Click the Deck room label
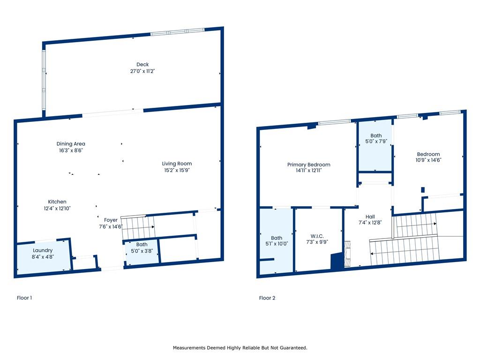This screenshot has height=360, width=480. pyautogui.click(x=142, y=65)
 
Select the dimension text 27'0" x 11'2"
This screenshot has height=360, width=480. pyautogui.click(x=142, y=71)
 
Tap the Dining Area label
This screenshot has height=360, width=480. pyautogui.click(x=71, y=143)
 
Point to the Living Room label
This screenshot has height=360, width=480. pyautogui.click(x=177, y=164)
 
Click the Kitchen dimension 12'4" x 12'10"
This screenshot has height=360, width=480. pyautogui.click(x=57, y=208)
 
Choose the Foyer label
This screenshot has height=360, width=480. pyautogui.click(x=111, y=220)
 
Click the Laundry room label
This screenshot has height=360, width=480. pyautogui.click(x=43, y=250)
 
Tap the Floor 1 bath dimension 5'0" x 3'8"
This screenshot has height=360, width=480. pyautogui.click(x=142, y=251)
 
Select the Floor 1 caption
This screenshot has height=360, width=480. pyautogui.click(x=24, y=298)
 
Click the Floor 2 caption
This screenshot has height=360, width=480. pyautogui.click(x=267, y=298)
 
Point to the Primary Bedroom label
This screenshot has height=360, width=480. pyautogui.click(x=308, y=165)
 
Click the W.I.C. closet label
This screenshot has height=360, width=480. pyautogui.click(x=317, y=236)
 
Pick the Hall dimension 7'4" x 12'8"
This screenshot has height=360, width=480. pyautogui.click(x=370, y=223)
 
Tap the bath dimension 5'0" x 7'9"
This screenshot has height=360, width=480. pyautogui.click(x=376, y=142)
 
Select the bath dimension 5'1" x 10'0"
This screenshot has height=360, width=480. pyautogui.click(x=277, y=244)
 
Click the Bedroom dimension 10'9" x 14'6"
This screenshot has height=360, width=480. pyautogui.click(x=428, y=160)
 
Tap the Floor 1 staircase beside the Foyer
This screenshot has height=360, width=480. pyautogui.click(x=137, y=228)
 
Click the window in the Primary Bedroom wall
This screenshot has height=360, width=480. pyautogui.click(x=334, y=122)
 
